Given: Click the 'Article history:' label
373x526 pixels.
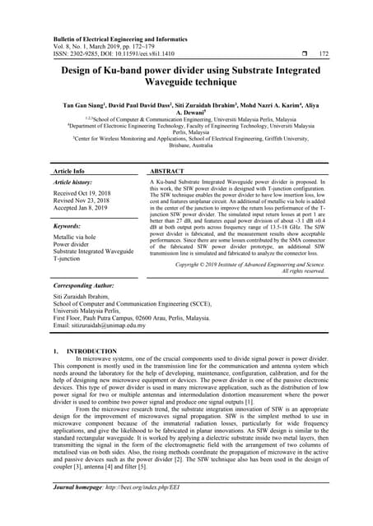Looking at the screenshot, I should (74, 183).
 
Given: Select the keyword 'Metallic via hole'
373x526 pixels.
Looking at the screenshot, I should (77, 237).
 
